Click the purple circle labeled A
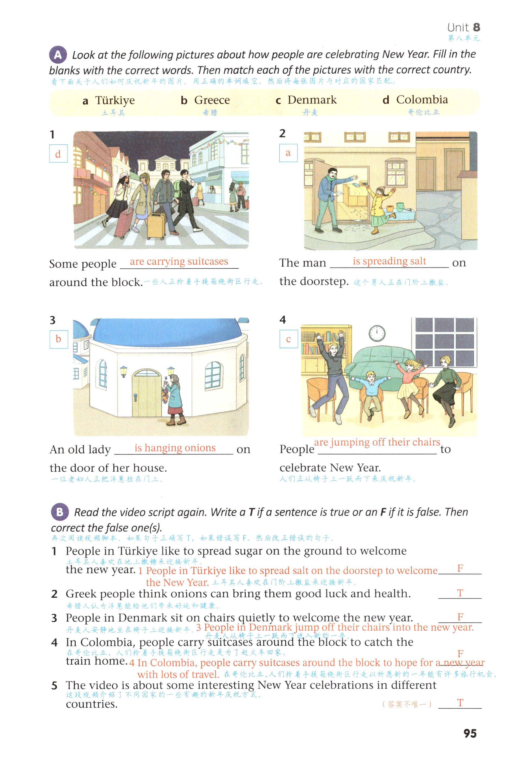tap(58, 54)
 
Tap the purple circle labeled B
tap(60, 512)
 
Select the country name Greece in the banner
tap(212, 100)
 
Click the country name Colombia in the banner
tap(422, 99)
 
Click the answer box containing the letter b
tap(59, 339)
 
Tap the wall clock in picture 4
tap(377, 334)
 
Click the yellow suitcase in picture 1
tap(156, 226)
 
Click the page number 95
tap(470, 733)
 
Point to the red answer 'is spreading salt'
tap(389, 261)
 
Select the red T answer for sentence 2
tap(460, 593)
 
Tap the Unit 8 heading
tap(464, 27)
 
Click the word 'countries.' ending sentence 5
tap(91, 704)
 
